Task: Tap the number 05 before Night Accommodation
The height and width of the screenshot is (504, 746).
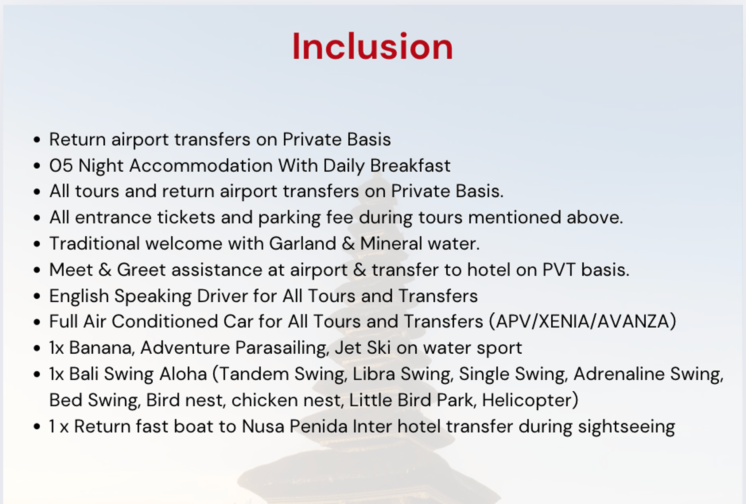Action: click(61, 166)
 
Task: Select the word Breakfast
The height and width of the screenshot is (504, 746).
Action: click(410, 166)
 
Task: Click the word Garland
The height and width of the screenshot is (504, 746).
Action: click(303, 244)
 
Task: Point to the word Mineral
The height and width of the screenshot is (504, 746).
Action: click(391, 244)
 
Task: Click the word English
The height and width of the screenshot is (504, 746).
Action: click(79, 296)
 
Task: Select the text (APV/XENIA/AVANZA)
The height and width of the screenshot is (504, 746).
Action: click(583, 322)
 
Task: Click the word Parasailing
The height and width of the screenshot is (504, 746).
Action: click(282, 348)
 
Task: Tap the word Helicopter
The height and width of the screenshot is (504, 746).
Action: click(530, 400)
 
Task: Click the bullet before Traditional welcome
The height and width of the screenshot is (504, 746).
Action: click(37, 244)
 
